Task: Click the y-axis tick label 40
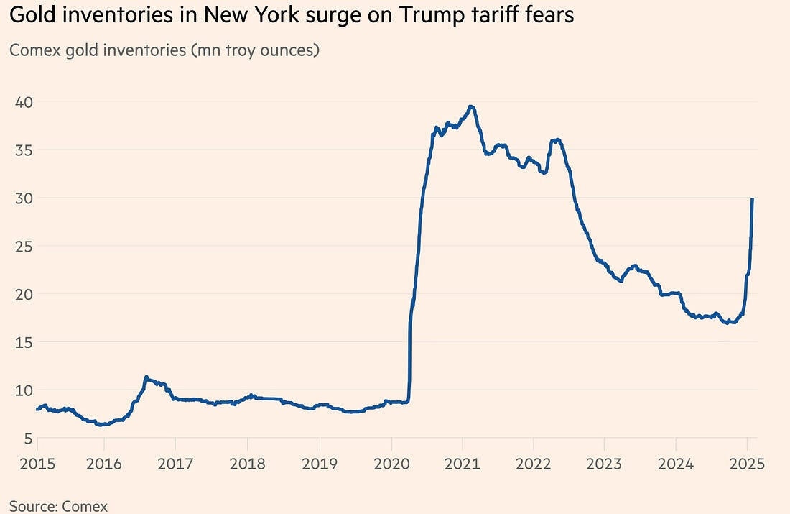click(23, 101)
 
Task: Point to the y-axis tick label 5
click(27, 438)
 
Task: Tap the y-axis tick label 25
click(23, 246)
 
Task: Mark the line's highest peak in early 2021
click(471, 106)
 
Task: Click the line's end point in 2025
click(752, 199)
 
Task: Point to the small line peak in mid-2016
click(146, 377)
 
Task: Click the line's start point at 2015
click(37, 409)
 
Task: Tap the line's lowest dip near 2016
click(102, 425)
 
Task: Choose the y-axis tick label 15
click(23, 342)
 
